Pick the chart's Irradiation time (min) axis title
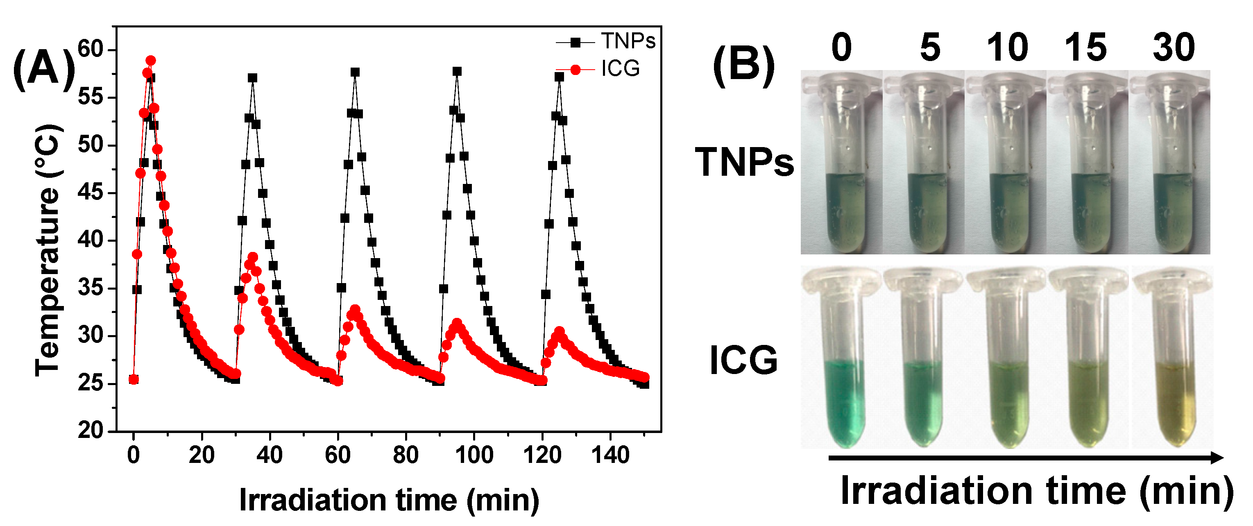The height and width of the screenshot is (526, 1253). [x=389, y=500]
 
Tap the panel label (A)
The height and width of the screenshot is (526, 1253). [x=44, y=70]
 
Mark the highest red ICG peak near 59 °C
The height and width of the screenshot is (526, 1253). [x=151, y=61]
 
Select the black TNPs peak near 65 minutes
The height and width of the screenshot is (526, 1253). [x=355, y=73]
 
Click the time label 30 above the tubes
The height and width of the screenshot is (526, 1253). [x=1173, y=48]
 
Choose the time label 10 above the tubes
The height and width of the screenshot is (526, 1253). [x=1007, y=48]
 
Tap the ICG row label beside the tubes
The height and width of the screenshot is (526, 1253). [x=743, y=360]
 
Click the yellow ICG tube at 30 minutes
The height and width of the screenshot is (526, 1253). [x=1173, y=379]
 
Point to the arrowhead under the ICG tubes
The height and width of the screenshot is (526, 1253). [x=1216, y=458]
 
